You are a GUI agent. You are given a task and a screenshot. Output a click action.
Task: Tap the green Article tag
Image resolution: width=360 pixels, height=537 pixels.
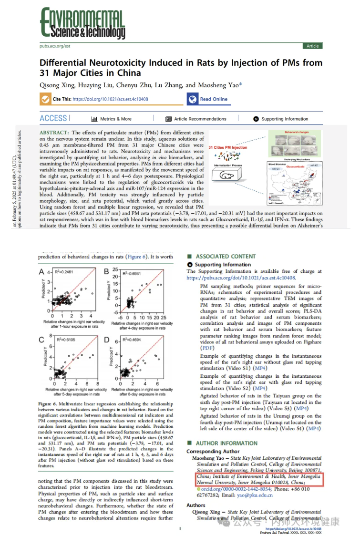click(312, 46)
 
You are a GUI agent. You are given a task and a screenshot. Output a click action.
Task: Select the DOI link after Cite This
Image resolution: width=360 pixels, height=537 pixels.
click(110, 99)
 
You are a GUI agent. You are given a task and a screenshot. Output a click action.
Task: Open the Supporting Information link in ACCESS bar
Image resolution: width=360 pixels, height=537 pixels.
click(284, 119)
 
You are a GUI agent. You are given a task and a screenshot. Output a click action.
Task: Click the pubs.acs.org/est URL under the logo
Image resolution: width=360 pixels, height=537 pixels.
click(55, 46)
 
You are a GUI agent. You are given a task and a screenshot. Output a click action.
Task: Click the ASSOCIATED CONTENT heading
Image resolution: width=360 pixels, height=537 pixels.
click(226, 257)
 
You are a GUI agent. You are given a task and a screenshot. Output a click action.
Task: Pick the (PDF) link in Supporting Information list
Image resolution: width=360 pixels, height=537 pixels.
click(207, 348)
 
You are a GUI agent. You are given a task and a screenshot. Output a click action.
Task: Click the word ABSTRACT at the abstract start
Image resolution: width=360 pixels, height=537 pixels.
click(54, 132)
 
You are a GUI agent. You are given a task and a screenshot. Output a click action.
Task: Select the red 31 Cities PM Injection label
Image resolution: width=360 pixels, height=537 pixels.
click(228, 148)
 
